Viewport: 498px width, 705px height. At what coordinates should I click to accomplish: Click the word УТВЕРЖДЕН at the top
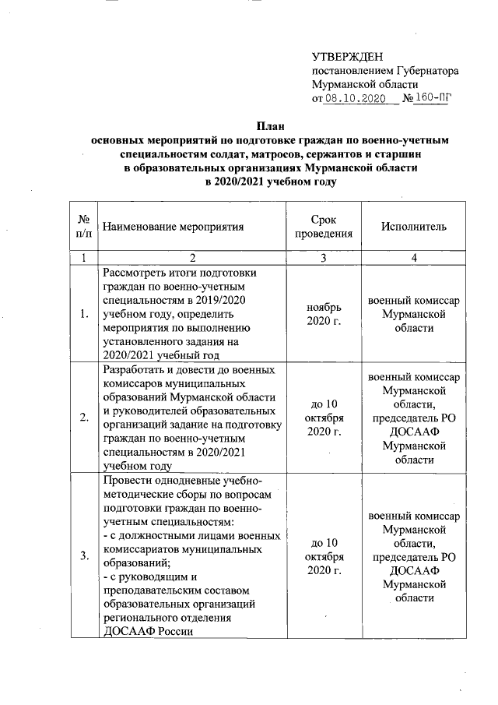coord(347,57)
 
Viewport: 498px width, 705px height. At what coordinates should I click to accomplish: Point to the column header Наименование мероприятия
coord(174,227)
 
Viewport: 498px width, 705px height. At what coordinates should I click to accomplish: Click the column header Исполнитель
coord(414,227)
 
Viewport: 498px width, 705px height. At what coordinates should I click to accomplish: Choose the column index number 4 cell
coord(414,257)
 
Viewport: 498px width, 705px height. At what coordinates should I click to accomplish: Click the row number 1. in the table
coord(83,313)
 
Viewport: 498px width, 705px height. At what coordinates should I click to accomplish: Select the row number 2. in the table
coord(83,418)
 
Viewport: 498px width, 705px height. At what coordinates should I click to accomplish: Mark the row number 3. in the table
coord(83,555)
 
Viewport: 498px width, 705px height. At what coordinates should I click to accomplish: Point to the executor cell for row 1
coord(414,313)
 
